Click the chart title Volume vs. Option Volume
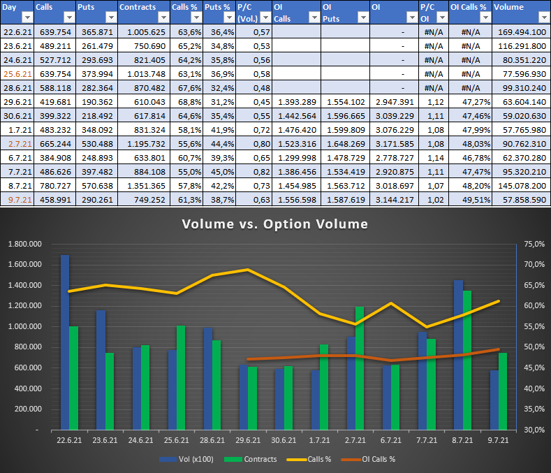click(275, 224)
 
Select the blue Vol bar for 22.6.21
click(65, 342)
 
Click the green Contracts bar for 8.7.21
click(467, 359)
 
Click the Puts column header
click(87, 6)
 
